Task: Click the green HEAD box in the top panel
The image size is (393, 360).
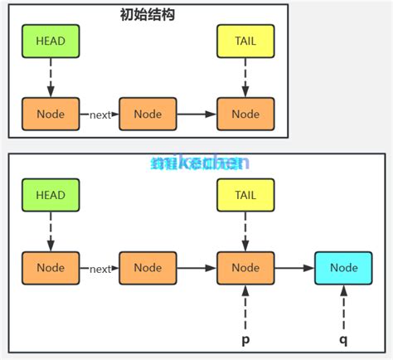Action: pos(51,41)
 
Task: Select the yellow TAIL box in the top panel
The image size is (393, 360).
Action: pos(245,41)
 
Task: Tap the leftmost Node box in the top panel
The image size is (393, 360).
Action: pos(51,114)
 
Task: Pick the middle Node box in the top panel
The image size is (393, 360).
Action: pos(148,114)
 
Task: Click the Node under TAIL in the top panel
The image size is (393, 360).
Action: pos(245,114)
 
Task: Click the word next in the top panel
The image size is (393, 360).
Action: pos(99,114)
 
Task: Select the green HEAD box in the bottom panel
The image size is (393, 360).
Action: pos(51,195)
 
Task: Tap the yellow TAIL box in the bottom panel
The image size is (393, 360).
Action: pos(245,195)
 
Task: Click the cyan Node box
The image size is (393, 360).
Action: pos(343,268)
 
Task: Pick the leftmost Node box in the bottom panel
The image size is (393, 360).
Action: pos(51,268)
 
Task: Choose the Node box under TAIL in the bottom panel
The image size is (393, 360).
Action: pos(245,268)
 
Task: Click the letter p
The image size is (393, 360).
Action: pos(245,340)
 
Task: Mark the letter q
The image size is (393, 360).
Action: pos(343,340)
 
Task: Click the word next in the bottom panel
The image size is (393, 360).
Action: pos(99,269)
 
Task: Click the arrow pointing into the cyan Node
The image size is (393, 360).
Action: pos(294,268)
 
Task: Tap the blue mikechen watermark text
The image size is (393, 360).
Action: pos(200,163)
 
